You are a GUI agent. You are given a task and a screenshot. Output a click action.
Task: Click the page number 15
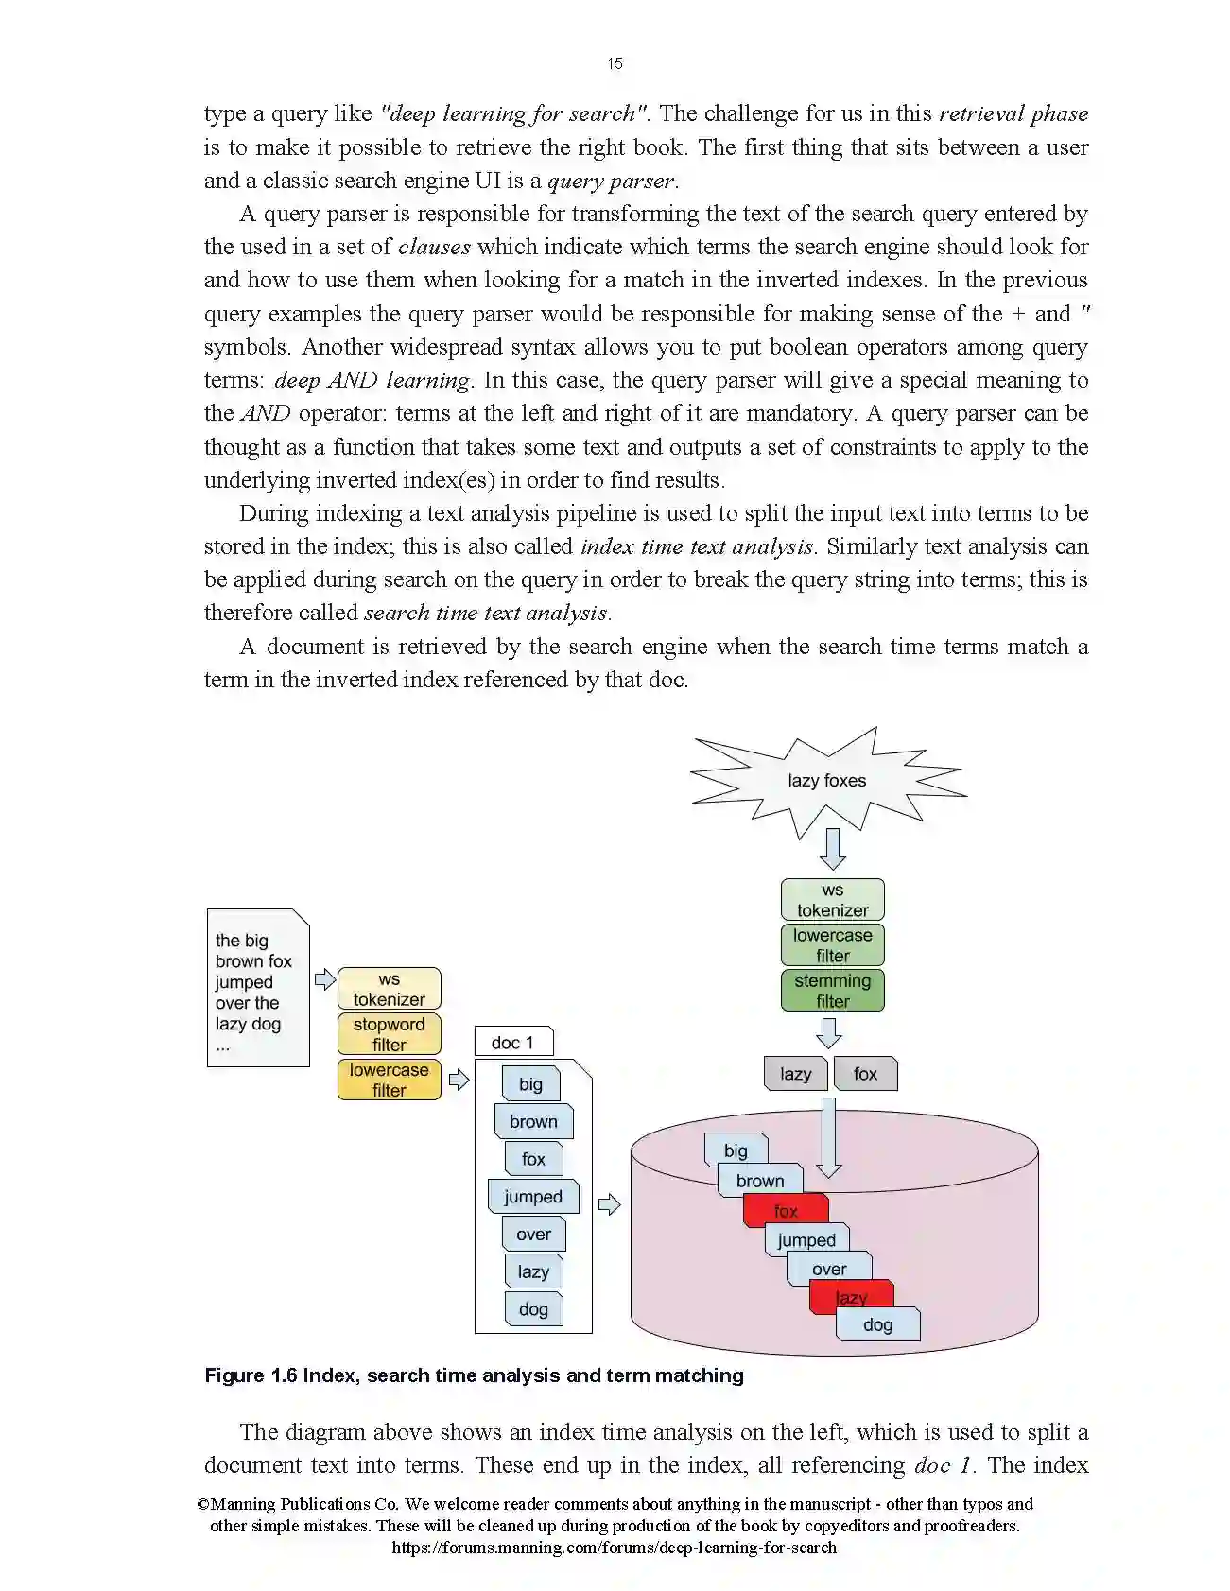(x=615, y=63)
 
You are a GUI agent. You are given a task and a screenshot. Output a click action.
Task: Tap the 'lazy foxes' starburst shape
(x=826, y=781)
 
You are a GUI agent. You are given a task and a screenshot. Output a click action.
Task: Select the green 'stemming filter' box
(x=832, y=991)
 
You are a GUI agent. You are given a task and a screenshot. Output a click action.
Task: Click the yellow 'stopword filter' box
(x=389, y=1034)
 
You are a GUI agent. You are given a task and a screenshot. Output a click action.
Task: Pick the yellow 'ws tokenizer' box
(x=389, y=989)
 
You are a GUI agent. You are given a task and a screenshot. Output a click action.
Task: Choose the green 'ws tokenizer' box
(x=832, y=900)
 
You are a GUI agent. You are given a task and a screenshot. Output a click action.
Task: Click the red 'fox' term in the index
(x=786, y=1211)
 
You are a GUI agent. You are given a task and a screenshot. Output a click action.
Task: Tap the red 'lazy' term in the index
(x=851, y=1297)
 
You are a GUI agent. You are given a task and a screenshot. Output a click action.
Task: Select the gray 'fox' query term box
(x=865, y=1074)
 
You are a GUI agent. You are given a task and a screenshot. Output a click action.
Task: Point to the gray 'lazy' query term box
(x=795, y=1074)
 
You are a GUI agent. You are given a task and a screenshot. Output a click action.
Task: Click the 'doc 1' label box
(x=512, y=1043)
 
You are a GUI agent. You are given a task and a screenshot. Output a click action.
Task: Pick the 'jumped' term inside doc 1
(x=533, y=1197)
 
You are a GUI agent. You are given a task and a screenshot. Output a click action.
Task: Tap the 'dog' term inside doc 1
(x=533, y=1309)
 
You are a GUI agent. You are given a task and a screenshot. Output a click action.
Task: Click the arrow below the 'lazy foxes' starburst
(x=832, y=848)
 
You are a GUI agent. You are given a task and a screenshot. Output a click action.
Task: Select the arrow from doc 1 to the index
(x=610, y=1204)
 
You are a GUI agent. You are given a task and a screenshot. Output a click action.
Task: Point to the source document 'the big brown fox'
(x=257, y=988)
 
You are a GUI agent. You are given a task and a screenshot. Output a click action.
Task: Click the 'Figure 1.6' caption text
(x=474, y=1375)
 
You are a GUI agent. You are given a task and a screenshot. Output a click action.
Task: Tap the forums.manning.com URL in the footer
(x=614, y=1548)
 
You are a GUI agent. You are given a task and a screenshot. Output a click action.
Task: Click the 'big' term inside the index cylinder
(x=736, y=1150)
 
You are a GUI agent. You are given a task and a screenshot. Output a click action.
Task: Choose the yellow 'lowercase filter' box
(x=389, y=1080)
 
